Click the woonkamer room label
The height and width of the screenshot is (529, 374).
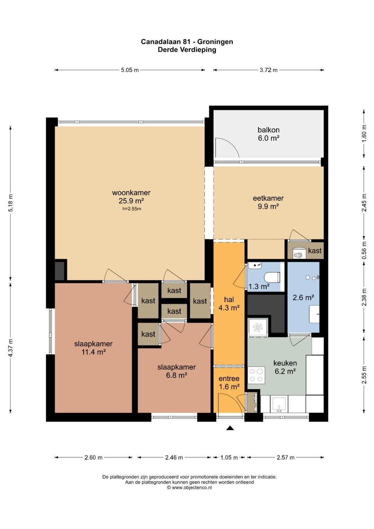(x=131, y=193)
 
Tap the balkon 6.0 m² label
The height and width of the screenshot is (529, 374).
(x=268, y=134)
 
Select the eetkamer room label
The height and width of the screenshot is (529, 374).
(x=268, y=198)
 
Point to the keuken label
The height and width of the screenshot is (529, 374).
(x=285, y=363)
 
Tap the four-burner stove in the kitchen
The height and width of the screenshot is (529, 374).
(x=256, y=375)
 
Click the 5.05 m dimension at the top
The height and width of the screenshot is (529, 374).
(x=130, y=70)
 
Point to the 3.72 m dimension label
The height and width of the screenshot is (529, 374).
(x=268, y=70)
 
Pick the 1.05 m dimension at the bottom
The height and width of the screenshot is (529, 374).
(x=229, y=457)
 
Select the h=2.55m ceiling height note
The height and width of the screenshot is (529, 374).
(x=132, y=209)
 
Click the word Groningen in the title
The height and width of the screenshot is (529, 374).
(x=215, y=42)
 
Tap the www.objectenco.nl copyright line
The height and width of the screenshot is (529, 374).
(x=189, y=487)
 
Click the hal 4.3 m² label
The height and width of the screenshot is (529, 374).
(x=229, y=303)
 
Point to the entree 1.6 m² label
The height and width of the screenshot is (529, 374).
(x=229, y=382)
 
